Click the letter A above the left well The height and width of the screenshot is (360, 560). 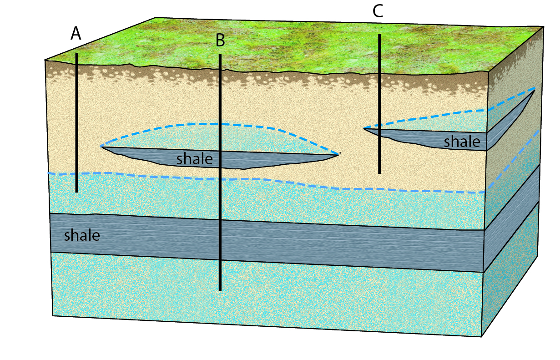pyautogui.click(x=76, y=34)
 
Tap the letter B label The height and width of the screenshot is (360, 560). pyautogui.click(x=220, y=41)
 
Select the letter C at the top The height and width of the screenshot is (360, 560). pyautogui.click(x=378, y=11)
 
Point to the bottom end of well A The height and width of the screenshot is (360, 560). pyautogui.click(x=77, y=192)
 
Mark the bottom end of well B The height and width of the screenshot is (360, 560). pyautogui.click(x=220, y=290)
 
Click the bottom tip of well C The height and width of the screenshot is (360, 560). pyautogui.click(x=379, y=173)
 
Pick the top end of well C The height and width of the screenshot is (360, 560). pyautogui.click(x=379, y=35)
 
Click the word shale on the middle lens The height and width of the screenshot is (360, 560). pyautogui.click(x=195, y=159)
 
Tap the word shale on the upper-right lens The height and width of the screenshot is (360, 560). pyautogui.click(x=462, y=142)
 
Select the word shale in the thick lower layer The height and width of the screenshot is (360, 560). pyautogui.click(x=82, y=235)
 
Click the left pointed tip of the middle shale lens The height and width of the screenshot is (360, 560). pyautogui.click(x=101, y=147)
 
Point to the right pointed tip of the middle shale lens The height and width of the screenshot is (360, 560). pyautogui.click(x=338, y=154)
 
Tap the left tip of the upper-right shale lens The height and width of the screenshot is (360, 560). pyautogui.click(x=364, y=128)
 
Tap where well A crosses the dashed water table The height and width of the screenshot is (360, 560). pyautogui.click(x=77, y=173)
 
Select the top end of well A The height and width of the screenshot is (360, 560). pyautogui.click(x=77, y=54)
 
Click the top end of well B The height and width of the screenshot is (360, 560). pyautogui.click(x=220, y=55)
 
